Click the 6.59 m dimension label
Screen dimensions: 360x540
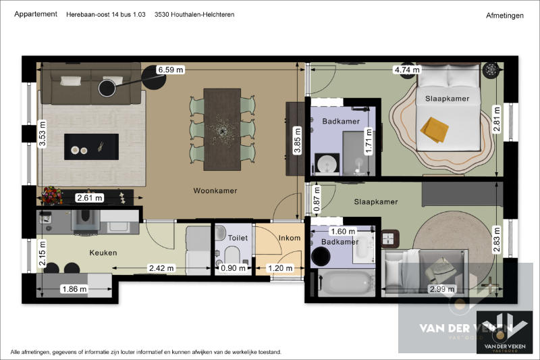(169, 70)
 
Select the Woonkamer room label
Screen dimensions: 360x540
(215, 191)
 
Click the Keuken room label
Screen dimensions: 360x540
(103, 253)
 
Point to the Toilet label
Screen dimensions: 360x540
(238, 238)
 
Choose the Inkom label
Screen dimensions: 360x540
(290, 238)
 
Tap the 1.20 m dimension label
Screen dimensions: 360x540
(281, 269)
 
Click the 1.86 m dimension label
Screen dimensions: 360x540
(74, 289)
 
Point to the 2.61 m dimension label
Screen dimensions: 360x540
(89, 198)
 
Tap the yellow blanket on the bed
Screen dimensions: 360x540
(435, 128)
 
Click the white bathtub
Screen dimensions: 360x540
(344, 282)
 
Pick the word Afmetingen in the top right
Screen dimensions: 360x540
(504, 15)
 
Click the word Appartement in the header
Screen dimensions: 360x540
(36, 14)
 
